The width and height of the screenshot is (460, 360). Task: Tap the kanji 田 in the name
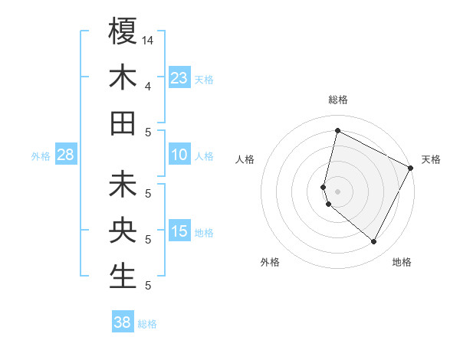click(123, 123)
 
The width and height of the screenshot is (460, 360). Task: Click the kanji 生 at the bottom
click(123, 275)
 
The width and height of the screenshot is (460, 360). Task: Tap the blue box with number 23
click(179, 77)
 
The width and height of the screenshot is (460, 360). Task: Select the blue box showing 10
click(179, 155)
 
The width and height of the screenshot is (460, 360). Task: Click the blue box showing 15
click(179, 231)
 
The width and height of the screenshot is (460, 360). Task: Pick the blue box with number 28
click(65, 155)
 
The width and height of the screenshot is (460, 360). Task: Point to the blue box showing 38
click(123, 322)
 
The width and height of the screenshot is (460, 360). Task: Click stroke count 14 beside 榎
click(148, 39)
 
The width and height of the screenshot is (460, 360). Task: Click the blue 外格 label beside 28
click(41, 156)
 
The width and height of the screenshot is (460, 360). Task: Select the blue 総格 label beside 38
click(147, 324)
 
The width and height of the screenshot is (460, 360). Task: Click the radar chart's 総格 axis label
click(337, 100)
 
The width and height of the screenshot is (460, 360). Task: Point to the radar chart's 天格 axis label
click(431, 159)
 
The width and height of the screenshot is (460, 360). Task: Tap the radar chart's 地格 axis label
click(402, 262)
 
